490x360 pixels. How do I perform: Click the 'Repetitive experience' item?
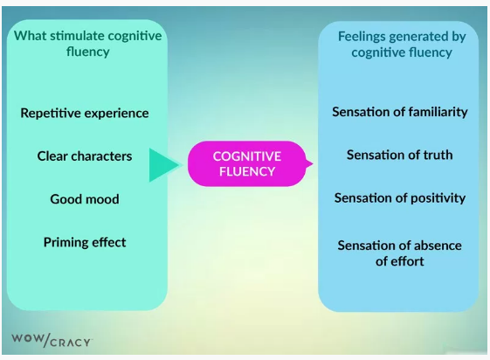click(85, 113)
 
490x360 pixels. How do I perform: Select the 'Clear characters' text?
click(85, 156)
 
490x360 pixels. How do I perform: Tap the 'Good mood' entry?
click(85, 199)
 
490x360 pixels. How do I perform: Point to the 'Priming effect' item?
click(85, 242)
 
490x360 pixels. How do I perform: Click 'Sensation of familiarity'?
click(400, 112)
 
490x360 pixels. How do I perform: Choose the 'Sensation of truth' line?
click(400, 155)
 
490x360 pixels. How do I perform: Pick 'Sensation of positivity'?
click(400, 198)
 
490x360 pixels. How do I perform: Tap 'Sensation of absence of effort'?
click(400, 253)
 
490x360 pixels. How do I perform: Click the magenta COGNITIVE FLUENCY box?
click(247, 163)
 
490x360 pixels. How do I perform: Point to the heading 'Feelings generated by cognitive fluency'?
click(401, 44)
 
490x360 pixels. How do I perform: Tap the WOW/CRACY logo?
click(51, 340)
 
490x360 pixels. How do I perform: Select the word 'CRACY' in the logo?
click(70, 342)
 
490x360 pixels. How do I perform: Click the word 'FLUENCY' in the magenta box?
click(247, 171)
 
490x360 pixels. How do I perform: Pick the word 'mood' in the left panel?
click(102, 199)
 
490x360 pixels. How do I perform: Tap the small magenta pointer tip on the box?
click(309, 163)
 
